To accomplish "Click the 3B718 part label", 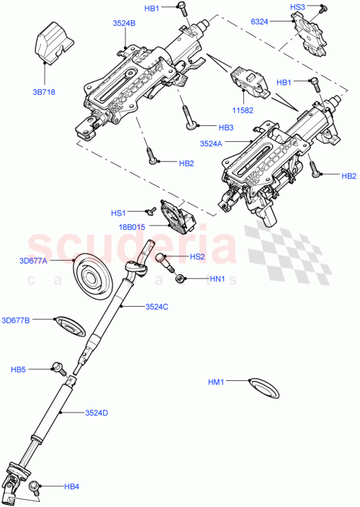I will coord(44,93).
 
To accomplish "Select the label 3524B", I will coord(124,23).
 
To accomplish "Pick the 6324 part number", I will coord(279,23).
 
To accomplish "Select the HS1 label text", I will coord(118,213).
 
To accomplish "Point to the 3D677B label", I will coord(16,320).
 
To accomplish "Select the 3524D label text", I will coord(96,413).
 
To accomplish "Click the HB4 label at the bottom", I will coord(71,487).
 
